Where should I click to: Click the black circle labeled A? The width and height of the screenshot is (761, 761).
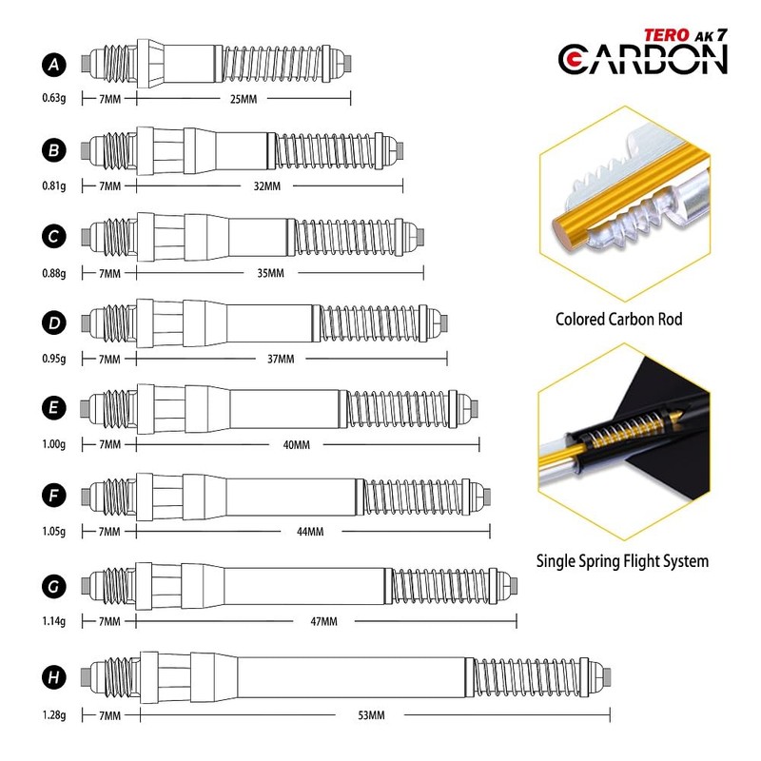[x=55, y=64]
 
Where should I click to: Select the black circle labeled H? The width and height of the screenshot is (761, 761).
[x=55, y=677]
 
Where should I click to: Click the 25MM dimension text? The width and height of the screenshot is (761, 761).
[x=244, y=98]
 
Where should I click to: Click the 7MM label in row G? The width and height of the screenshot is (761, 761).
[x=109, y=622]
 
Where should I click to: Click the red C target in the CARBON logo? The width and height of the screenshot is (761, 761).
[x=576, y=59]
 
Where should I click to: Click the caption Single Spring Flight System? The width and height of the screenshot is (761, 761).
[x=621, y=560]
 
